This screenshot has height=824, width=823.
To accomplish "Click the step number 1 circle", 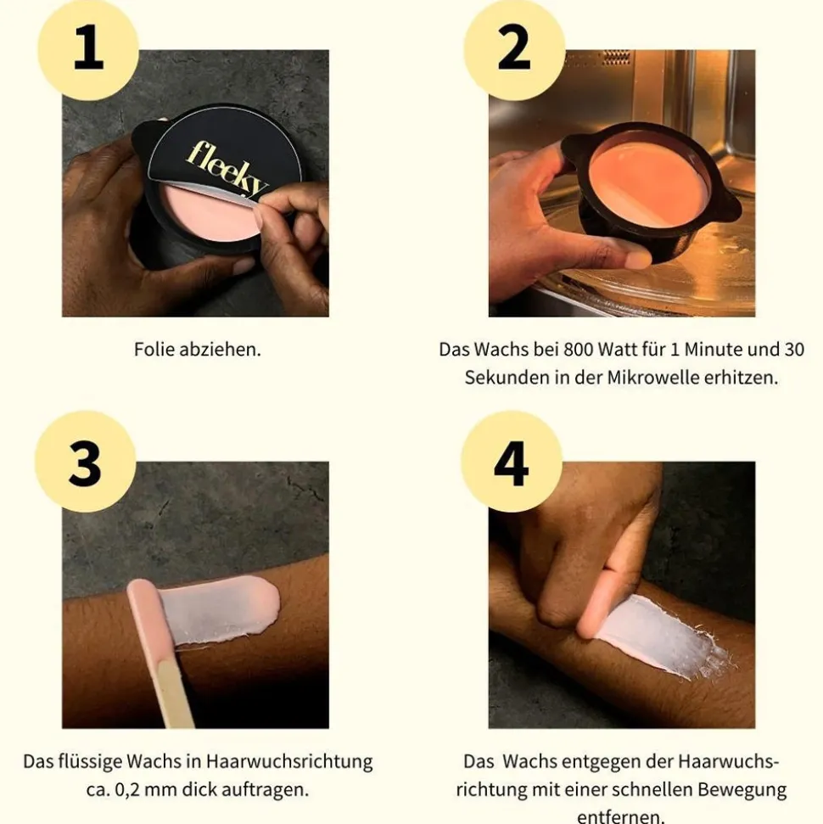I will click(x=88, y=49).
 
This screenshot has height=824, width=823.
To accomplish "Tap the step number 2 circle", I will click(x=513, y=49).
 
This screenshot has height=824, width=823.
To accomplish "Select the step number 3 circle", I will click(x=85, y=462).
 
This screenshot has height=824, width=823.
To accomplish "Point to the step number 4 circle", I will click(x=511, y=462).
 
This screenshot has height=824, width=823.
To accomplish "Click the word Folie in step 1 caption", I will click(x=154, y=349).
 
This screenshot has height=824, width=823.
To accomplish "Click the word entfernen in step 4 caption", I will click(x=621, y=816).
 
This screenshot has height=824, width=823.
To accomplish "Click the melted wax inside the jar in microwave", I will click(x=650, y=182).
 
